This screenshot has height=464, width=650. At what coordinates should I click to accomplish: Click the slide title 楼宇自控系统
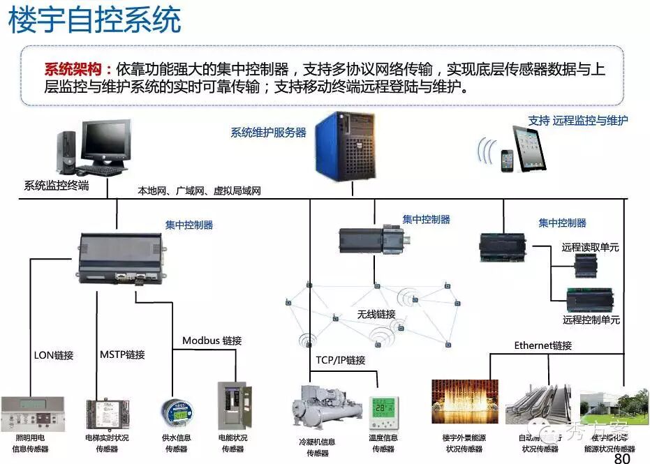coord(95,20)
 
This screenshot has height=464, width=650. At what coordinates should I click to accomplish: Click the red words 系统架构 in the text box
coord(77,70)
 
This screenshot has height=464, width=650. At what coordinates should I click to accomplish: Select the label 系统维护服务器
coord(269,133)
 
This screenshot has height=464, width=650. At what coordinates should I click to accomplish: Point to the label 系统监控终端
coord(57,186)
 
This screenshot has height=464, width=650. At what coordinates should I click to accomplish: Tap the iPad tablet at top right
coord(529,147)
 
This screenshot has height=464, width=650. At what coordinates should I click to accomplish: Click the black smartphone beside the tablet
coord(505,160)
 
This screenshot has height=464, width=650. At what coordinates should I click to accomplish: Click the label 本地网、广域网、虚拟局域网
coord(199,190)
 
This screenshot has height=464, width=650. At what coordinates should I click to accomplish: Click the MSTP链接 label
coord(122,354)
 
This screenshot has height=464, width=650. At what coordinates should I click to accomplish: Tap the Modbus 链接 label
coord(212,340)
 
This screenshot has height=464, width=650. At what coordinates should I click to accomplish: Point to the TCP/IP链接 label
coord(340,360)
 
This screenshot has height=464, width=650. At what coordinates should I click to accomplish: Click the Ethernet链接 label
coord(542,345)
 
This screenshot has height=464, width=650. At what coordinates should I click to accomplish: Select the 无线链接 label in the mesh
coord(376,315)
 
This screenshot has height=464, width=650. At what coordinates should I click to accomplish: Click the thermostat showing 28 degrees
coord(384,412)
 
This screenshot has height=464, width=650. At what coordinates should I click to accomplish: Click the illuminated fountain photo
coord(465,402)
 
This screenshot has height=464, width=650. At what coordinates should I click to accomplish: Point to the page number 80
coord(621,458)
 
